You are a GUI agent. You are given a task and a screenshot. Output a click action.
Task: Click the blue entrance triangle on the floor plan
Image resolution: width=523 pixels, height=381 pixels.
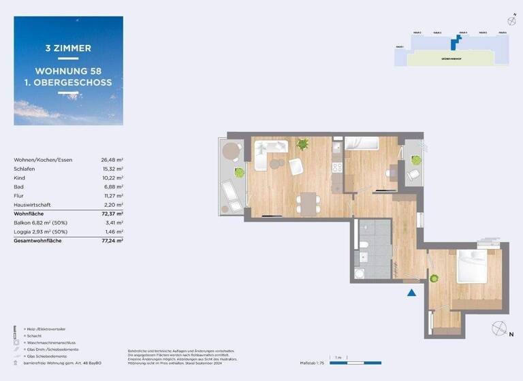pyautogui.click(x=411, y=293)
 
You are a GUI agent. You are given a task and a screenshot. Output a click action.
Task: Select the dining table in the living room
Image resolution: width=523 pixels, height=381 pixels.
pyautogui.click(x=308, y=202)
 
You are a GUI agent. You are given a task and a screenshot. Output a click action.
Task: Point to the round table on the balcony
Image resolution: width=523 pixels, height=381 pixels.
pyautogui.click(x=232, y=150)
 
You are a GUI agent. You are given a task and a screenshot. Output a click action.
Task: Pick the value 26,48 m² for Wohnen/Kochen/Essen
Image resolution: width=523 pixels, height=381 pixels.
pyautogui.click(x=112, y=160)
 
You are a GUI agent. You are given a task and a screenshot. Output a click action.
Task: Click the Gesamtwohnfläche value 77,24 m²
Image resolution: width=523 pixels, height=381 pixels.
pyautogui.click(x=112, y=241)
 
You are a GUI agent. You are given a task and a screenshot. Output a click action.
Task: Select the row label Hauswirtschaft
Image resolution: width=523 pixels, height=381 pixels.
pyautogui.click(x=32, y=205)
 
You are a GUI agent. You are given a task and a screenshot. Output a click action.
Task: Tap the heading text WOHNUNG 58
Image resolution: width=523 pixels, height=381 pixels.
pyautogui.click(x=68, y=71)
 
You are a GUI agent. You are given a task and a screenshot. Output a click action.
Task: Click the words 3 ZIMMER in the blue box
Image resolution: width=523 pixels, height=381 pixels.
pyautogui.click(x=68, y=48)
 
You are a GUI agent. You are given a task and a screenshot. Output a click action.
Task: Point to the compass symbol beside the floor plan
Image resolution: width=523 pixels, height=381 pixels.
pyautogui.click(x=498, y=327)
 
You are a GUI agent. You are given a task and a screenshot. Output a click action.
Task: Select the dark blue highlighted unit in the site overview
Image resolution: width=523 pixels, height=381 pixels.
pyautogui.click(x=454, y=44)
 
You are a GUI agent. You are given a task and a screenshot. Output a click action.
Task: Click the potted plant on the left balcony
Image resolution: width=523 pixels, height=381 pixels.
pyautogui.click(x=239, y=173)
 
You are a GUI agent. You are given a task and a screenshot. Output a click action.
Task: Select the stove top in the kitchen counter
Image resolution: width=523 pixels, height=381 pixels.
pyautogui.click(x=336, y=167)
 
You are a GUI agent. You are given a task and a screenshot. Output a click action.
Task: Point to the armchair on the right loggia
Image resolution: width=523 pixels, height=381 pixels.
pyautogui.click(x=413, y=175)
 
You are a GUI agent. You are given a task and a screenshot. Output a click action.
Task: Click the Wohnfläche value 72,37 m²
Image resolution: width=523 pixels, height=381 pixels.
pyautogui.click(x=112, y=214)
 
